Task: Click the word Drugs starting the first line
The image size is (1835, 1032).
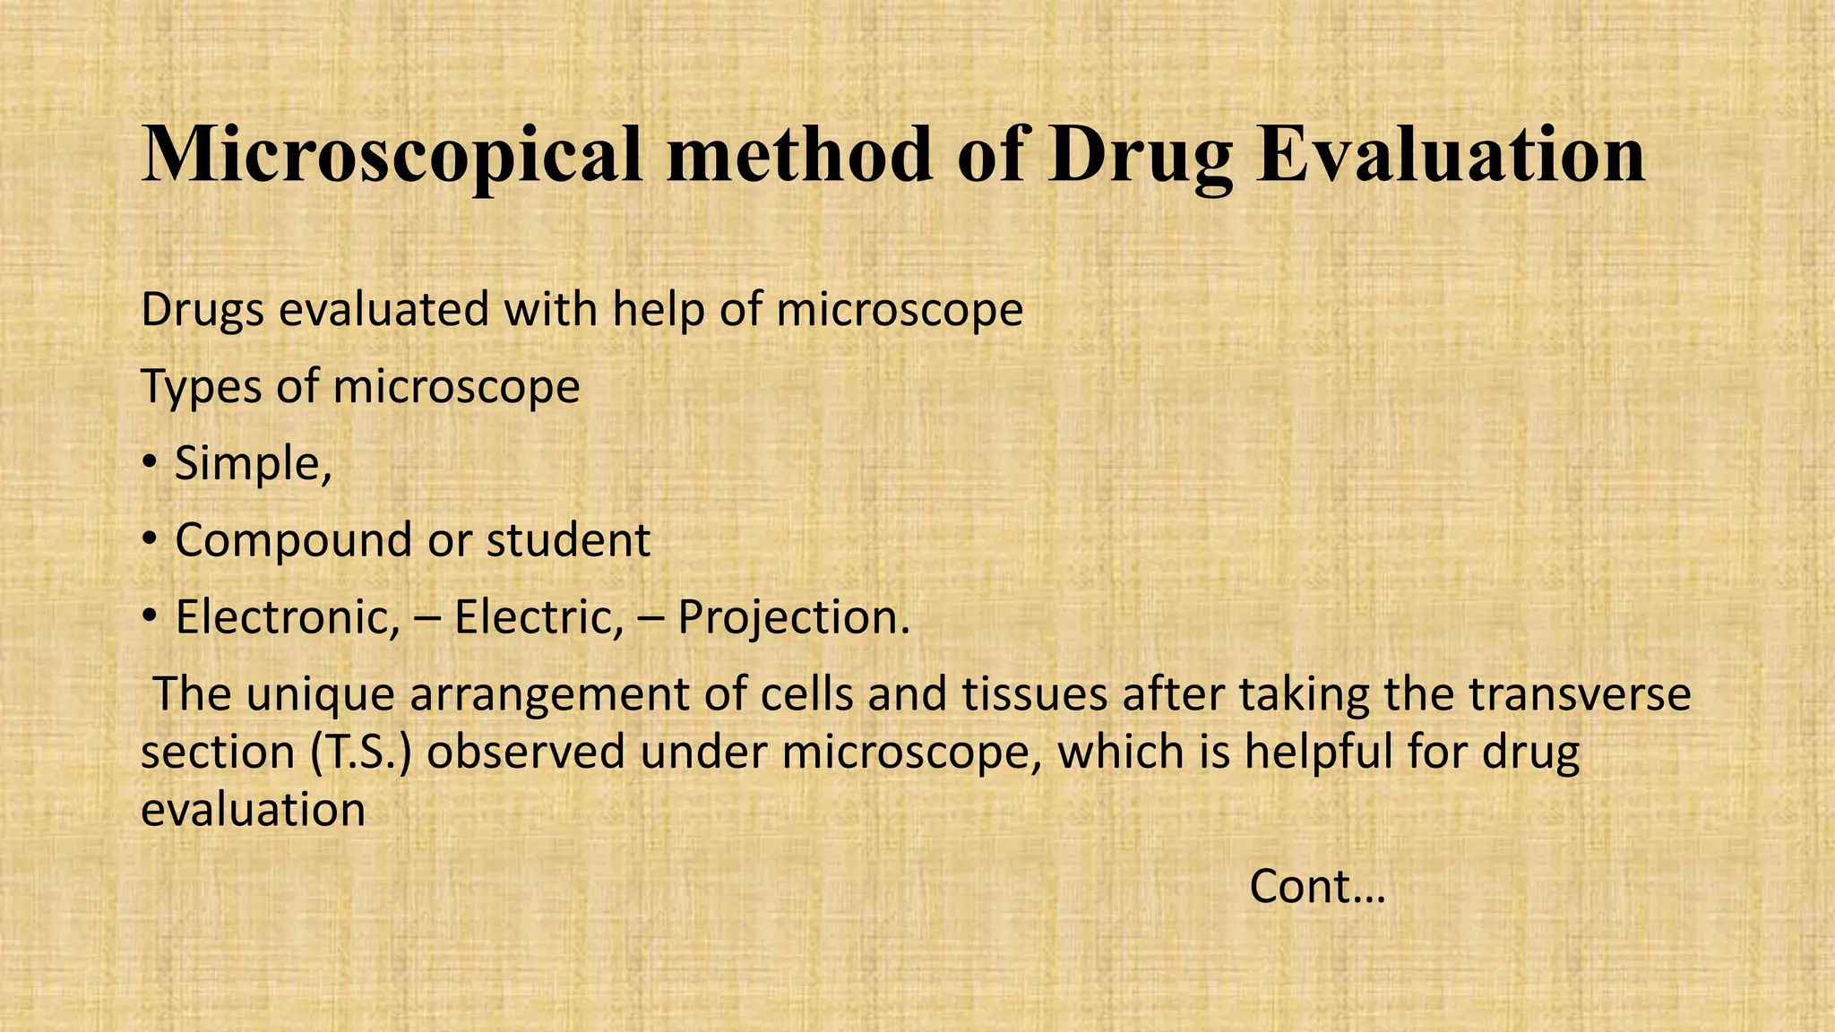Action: tap(202, 312)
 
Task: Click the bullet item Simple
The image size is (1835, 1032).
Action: tap(253, 464)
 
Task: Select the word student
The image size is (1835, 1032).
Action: tap(568, 540)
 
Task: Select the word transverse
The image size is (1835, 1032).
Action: tap(1580, 695)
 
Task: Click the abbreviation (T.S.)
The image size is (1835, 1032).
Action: tap(361, 752)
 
